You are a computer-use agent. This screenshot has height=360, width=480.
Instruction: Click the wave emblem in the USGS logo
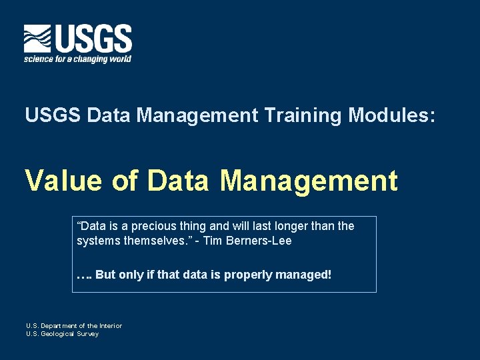point(37,39)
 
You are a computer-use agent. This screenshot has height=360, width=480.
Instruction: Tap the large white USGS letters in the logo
point(93,39)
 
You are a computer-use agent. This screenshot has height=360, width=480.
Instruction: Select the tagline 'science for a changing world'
point(77,59)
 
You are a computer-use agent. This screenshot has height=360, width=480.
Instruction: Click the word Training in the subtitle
point(303,115)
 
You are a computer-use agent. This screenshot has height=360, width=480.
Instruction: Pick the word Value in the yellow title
point(64,181)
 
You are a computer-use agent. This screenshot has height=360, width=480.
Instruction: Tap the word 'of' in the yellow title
point(125,181)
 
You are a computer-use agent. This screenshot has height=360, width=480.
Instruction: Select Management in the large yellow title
point(309,181)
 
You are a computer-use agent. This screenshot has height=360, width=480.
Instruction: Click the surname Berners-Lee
point(259,241)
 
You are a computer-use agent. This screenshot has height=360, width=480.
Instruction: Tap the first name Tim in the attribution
point(212,241)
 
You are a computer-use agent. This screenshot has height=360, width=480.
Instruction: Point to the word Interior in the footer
point(107,326)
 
